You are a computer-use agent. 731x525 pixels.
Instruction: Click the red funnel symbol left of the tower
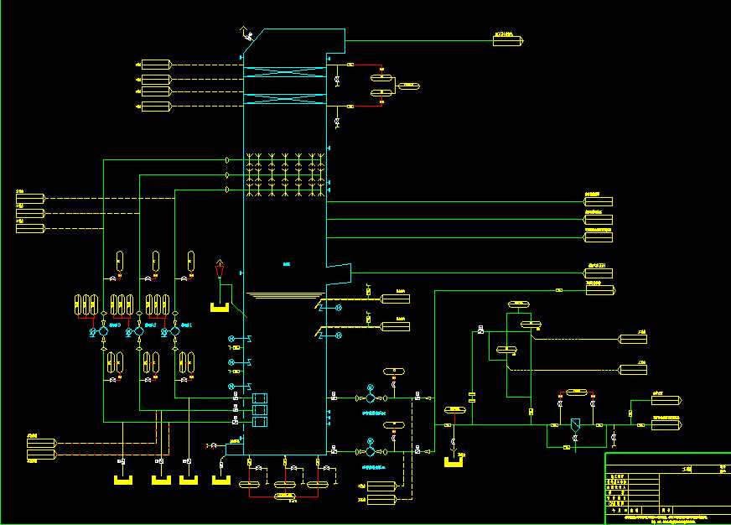point(220,269)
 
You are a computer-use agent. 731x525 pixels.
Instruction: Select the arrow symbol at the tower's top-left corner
point(246,34)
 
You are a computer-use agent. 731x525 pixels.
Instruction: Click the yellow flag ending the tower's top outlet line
point(507,40)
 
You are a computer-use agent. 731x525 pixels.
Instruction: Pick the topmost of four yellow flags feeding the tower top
point(156,65)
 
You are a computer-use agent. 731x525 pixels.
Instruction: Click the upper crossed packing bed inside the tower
point(284,75)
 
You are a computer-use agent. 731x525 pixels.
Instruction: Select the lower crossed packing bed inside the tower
point(284,100)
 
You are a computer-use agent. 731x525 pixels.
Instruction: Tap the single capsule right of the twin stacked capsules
point(409,86)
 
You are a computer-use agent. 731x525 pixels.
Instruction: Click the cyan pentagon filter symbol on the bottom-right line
point(575,426)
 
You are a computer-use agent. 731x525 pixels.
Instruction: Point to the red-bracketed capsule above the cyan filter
point(576,392)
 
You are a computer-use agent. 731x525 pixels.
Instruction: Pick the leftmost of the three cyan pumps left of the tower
point(103,332)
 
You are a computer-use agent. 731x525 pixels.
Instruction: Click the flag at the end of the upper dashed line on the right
point(633,339)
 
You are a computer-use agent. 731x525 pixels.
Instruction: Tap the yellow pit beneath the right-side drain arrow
point(454,461)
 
